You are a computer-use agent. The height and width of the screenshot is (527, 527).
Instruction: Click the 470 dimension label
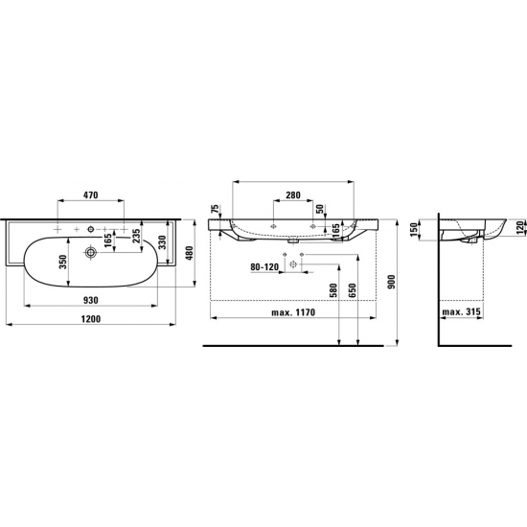coord(91,195)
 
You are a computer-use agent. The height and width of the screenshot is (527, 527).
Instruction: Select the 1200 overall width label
coord(91,319)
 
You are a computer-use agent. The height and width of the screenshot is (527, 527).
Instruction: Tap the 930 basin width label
coord(91,300)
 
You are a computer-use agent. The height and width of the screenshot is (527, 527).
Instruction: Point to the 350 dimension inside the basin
coord(63,263)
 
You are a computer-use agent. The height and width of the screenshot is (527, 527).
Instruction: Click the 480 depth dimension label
coord(190,253)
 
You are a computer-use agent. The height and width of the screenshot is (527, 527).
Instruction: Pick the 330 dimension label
coord(162,242)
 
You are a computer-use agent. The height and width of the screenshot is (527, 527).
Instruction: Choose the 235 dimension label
coord(136,237)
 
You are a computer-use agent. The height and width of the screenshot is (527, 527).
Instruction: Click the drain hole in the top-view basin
coord(90,252)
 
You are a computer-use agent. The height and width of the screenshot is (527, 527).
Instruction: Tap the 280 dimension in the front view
coord(293,195)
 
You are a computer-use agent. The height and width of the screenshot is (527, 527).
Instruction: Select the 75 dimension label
coord(216,210)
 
